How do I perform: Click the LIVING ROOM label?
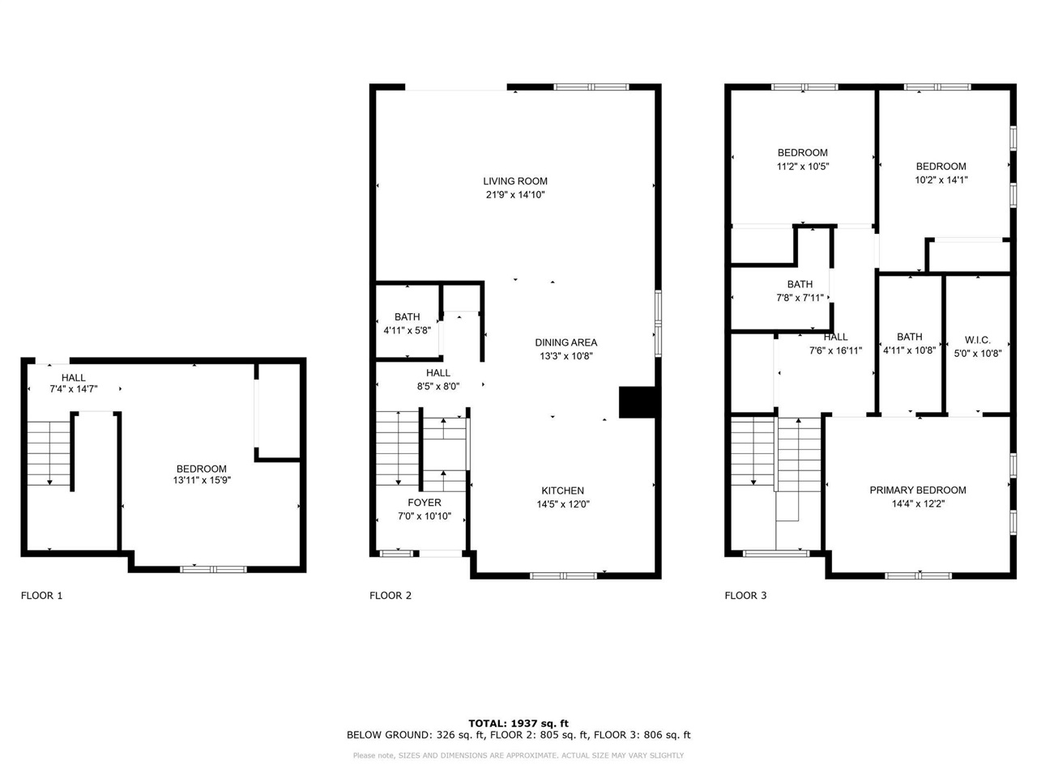[x=515, y=181]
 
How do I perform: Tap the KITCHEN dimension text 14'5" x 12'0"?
[x=563, y=504]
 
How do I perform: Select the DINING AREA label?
[x=566, y=342]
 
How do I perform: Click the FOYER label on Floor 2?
[x=425, y=503]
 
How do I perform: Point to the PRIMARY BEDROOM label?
[x=917, y=490]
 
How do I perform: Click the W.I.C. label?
[x=978, y=340]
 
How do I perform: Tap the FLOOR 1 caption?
[x=41, y=596]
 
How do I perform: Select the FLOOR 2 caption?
[x=390, y=596]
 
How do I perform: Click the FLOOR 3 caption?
[x=745, y=596]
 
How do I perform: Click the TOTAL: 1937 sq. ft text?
[x=518, y=724]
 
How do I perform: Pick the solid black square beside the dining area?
[x=636, y=402]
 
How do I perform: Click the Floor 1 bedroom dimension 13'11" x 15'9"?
[x=202, y=480]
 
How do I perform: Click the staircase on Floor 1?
[x=49, y=453]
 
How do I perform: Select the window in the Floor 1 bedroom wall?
[x=213, y=570]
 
